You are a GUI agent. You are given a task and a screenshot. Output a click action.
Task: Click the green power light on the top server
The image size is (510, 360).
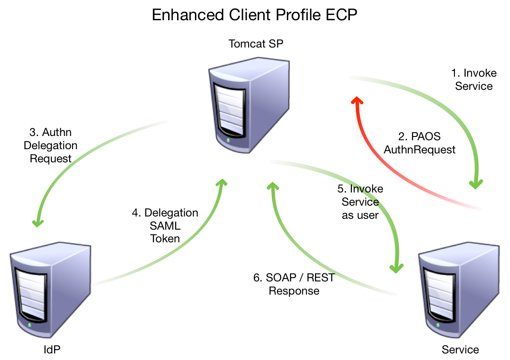pos(228,140)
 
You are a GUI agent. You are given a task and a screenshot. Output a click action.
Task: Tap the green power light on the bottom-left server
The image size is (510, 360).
pos(30,325)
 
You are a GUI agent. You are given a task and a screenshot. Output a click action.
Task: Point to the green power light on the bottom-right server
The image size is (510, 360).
pos(438,325)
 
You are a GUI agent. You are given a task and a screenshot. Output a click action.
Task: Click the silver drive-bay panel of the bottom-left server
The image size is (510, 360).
pos(31,294)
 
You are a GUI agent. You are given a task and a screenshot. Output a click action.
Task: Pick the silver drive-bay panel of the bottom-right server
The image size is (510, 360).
pos(439,294)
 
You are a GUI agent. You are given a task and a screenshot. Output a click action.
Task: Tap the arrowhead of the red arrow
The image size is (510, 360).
pos(357,100)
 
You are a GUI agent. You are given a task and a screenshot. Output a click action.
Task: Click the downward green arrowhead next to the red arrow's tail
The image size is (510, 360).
pos(476,184)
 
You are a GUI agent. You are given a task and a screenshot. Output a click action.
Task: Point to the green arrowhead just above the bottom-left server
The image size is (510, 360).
pos(38,222)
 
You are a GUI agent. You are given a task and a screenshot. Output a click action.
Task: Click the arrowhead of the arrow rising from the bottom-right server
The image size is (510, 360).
pos(273,186)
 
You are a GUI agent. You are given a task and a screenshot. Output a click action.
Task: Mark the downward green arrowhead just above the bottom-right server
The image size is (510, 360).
pos(397,268)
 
